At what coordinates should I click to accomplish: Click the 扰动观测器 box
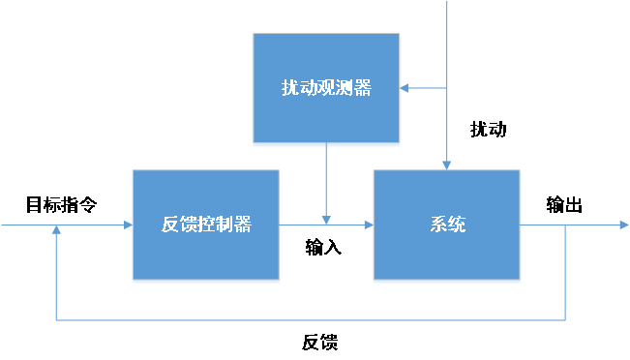(x=326, y=87)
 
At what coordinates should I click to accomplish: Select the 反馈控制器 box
(x=206, y=225)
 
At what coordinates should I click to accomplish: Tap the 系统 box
(x=447, y=225)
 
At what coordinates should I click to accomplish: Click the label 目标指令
(x=61, y=205)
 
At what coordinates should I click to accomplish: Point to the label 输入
(x=323, y=247)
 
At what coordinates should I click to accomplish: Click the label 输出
(x=564, y=205)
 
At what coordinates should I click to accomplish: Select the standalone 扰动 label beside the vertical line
(x=488, y=129)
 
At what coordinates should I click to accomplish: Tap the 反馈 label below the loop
(x=319, y=343)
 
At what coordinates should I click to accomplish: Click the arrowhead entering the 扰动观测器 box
(x=405, y=88)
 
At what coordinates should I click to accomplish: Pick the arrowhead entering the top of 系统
(x=447, y=165)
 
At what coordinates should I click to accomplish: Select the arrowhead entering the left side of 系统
(x=369, y=225)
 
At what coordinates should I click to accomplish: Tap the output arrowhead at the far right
(x=623, y=225)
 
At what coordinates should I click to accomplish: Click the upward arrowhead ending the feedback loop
(x=57, y=231)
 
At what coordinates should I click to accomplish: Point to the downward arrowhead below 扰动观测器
(x=327, y=219)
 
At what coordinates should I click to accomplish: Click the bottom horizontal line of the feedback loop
(x=310, y=319)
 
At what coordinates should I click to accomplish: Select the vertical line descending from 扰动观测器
(x=327, y=179)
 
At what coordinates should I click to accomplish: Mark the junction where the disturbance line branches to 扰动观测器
(x=447, y=88)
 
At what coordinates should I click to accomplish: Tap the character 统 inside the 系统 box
(x=457, y=225)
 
